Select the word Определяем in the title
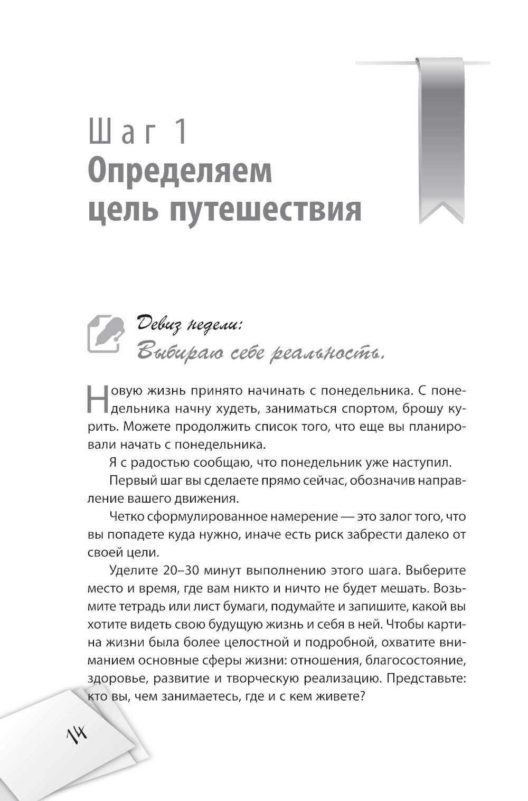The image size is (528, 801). coord(179,173)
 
